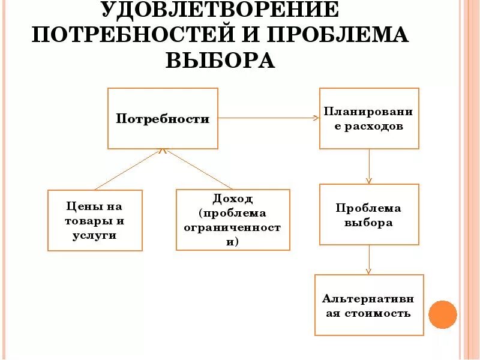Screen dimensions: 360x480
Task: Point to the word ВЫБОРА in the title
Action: point(219,61)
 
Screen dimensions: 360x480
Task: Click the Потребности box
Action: point(163,119)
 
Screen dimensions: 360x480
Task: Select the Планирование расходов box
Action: point(369,119)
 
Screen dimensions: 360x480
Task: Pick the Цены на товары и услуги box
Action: point(95,220)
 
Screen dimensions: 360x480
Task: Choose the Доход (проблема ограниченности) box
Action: point(233,220)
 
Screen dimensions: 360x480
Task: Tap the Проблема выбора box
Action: point(369,214)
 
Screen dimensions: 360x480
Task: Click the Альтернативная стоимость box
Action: point(369,305)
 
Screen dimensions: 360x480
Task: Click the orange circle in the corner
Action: point(443,314)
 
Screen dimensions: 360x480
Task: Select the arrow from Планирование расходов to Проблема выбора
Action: point(369,166)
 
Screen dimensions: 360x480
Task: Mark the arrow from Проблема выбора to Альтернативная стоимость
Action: point(369,259)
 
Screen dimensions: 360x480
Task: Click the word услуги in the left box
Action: point(95,235)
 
